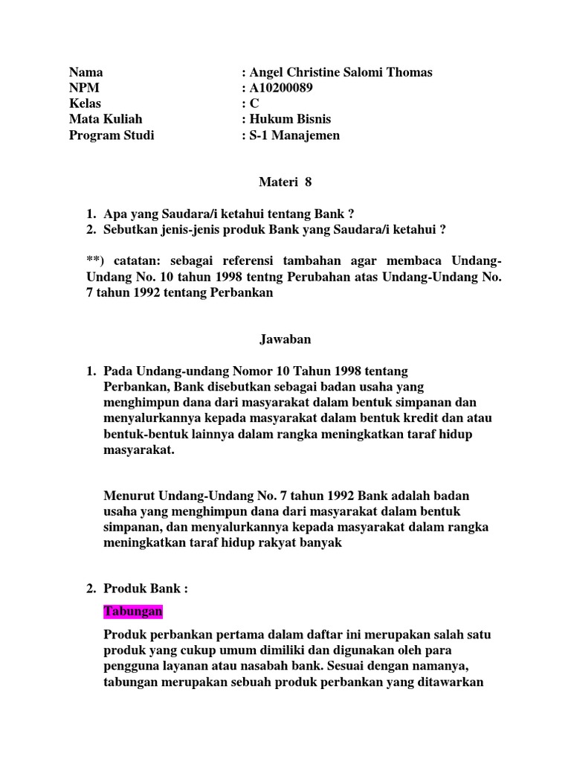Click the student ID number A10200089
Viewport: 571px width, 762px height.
(x=282, y=88)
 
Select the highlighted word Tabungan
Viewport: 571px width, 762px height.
(x=132, y=611)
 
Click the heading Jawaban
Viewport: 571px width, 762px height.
(x=285, y=339)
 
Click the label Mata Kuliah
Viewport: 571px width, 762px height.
(x=105, y=119)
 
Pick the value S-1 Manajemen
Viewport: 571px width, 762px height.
(x=294, y=135)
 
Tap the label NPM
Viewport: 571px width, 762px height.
(x=83, y=88)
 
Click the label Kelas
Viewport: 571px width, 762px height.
(x=85, y=103)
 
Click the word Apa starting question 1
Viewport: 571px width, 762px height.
(x=115, y=214)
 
